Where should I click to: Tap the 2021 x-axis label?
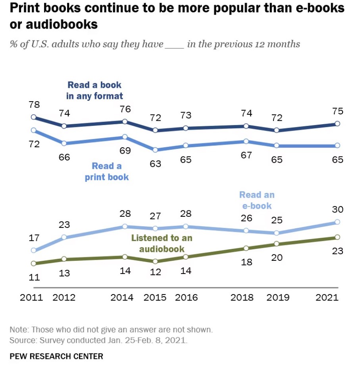pos(326,297)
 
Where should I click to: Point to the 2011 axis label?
pos(31,297)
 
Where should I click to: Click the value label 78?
pos(34,105)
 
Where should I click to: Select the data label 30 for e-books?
pos(338,210)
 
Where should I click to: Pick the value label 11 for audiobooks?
pos(34,277)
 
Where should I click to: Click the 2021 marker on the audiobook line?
pos(337,237)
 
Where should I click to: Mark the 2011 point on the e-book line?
pos(34,250)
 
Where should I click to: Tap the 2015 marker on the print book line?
pos(156,150)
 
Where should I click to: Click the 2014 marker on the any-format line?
pos(125,121)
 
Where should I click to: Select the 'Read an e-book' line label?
pos(256,200)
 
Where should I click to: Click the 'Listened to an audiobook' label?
pos(162,243)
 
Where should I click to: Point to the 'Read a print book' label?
pos(107,171)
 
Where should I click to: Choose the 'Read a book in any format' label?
pos(95,90)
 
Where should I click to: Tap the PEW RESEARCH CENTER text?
pos(56,356)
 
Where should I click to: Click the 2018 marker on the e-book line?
pos(246,231)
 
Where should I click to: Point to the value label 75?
pos(338,111)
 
